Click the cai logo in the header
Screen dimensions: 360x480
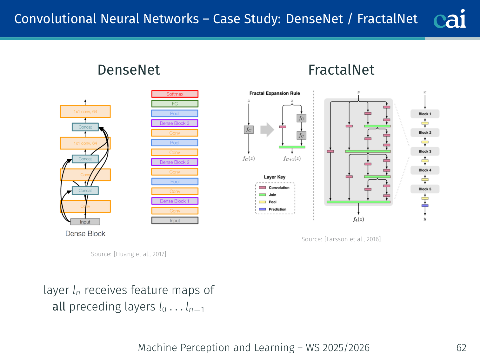click(x=450, y=19)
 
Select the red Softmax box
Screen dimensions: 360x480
click(x=175, y=94)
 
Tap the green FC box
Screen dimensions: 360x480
click(x=175, y=104)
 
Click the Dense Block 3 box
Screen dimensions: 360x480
click(x=175, y=123)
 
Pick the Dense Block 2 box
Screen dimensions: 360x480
click(x=175, y=162)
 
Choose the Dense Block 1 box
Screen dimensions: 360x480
click(x=175, y=201)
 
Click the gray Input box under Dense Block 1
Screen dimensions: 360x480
click(x=175, y=221)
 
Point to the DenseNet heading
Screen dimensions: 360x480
click(x=129, y=70)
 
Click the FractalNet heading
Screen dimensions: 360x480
click(x=341, y=70)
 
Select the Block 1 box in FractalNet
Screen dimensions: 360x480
click(x=425, y=114)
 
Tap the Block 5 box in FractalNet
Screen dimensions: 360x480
click(x=425, y=189)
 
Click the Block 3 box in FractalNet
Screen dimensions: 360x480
click(x=425, y=151)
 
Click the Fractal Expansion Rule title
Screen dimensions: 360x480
click(x=275, y=93)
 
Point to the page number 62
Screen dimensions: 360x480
click(x=461, y=348)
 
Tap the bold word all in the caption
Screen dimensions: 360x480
click(x=59, y=307)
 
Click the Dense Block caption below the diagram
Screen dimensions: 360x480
click(x=85, y=234)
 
